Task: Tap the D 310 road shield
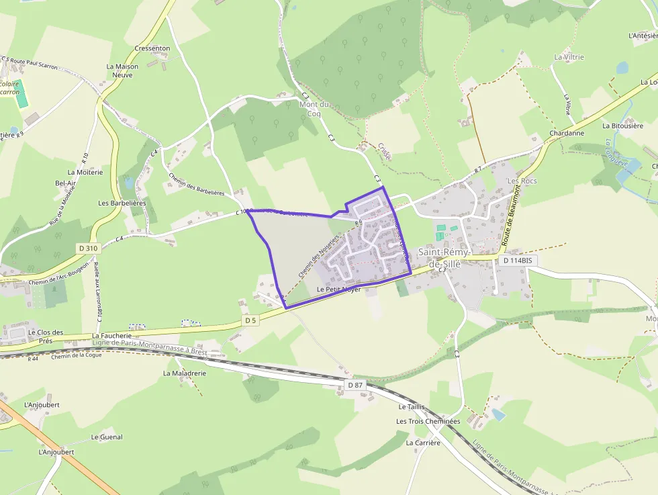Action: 88,249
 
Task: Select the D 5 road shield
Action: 250,320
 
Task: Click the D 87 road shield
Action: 355,385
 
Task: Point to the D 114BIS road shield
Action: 514,260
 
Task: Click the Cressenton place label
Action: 152,48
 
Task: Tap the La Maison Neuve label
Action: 122,71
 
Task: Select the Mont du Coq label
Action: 314,109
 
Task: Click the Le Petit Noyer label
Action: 338,289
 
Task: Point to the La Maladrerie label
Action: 184,372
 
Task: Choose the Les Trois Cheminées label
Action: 428,421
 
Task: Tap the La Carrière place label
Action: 423,443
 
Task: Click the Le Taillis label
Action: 411,407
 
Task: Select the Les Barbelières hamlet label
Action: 122,203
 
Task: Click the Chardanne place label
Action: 566,133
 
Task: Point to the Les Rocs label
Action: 522,181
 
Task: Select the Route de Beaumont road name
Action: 512,221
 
